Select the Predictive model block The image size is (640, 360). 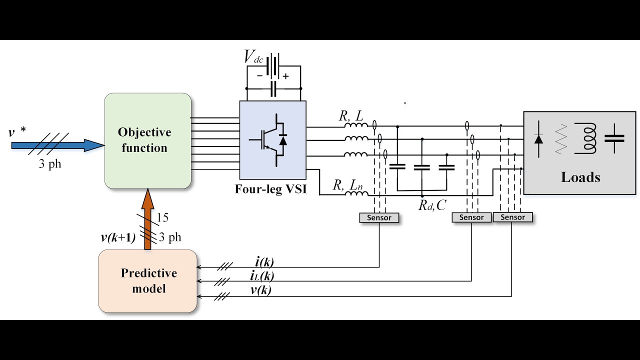pyautogui.click(x=147, y=281)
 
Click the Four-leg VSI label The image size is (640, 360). pyautogui.click(x=270, y=189)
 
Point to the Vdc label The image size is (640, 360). pyautogui.click(x=253, y=57)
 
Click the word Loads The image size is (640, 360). pyautogui.click(x=580, y=177)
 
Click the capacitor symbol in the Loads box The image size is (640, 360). pyautogui.click(x=614, y=138)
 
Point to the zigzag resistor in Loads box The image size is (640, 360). pyautogui.click(x=561, y=139)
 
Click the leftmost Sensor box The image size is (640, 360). pyautogui.click(x=379, y=217)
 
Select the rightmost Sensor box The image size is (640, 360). pyautogui.click(x=512, y=217)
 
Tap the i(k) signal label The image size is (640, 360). pyautogui.click(x=264, y=261)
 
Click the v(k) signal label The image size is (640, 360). pyautogui.click(x=260, y=290)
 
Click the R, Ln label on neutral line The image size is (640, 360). pyautogui.click(x=348, y=185)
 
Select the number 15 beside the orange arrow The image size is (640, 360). pyautogui.click(x=162, y=217)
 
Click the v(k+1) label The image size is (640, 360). pyautogui.click(x=118, y=237)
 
